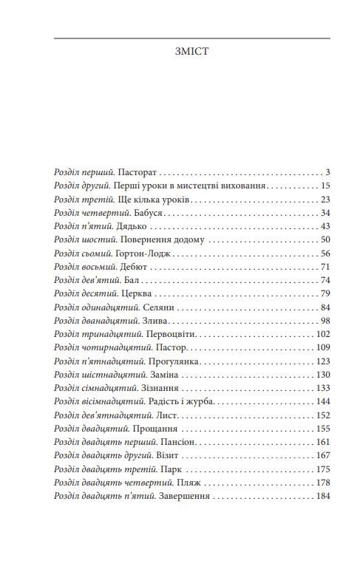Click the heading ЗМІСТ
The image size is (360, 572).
tap(192, 53)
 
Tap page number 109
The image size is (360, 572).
tap(323, 347)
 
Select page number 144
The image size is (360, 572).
tap(323, 401)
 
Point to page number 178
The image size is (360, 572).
tap(323, 483)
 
